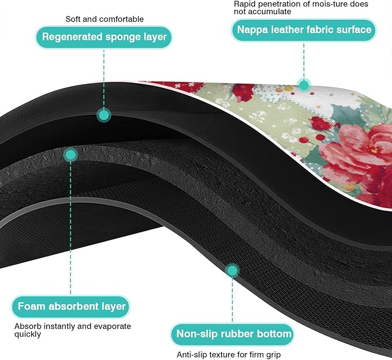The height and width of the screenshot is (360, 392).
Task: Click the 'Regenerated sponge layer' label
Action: (x=104, y=37)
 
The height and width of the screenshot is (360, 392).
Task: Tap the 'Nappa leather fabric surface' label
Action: (x=304, y=30)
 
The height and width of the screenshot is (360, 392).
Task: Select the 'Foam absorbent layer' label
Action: (x=71, y=306)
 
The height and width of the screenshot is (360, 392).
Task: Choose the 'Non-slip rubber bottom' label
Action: (x=233, y=334)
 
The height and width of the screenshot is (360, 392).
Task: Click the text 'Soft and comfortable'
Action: (x=104, y=19)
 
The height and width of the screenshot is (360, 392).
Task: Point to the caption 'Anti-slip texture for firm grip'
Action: (x=229, y=354)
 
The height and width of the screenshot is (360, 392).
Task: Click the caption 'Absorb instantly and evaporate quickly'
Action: (x=73, y=330)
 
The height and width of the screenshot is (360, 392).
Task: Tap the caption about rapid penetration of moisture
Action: (x=301, y=8)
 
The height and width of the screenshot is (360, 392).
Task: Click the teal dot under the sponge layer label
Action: (x=104, y=115)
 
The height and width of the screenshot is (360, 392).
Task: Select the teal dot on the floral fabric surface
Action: (x=304, y=85)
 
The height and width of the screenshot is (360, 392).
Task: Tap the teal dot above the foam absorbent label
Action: (x=70, y=155)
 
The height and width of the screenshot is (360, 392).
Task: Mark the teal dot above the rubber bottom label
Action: (x=232, y=270)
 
